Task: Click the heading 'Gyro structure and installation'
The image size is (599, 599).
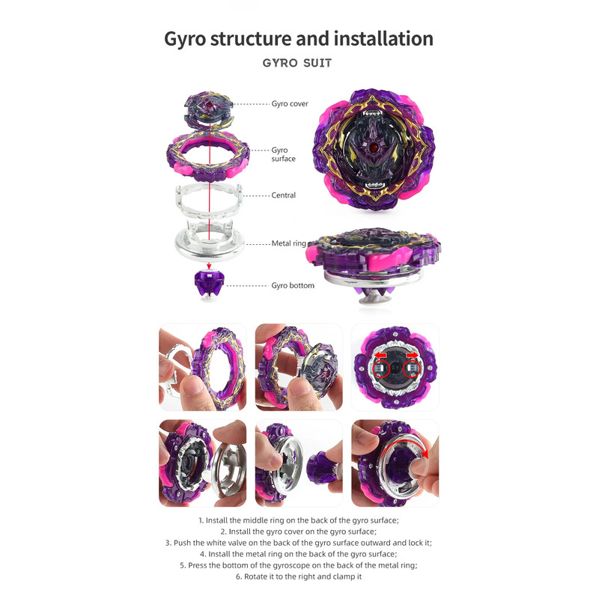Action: click(x=299, y=39)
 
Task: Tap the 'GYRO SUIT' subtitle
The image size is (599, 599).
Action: click(x=297, y=63)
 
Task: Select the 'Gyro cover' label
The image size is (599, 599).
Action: click(x=290, y=103)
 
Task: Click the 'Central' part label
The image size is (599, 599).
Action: click(x=284, y=195)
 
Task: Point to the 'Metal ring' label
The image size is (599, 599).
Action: click(x=289, y=243)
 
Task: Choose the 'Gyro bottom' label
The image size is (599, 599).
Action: click(x=293, y=285)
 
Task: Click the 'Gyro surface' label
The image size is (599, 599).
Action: click(x=284, y=154)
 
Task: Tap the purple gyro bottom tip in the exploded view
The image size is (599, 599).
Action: click(x=209, y=285)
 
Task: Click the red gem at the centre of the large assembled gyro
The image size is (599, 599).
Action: click(x=374, y=148)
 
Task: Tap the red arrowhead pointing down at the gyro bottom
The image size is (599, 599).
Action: click(x=209, y=266)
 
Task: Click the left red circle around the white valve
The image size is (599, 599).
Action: click(x=380, y=369)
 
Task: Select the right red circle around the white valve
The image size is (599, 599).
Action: click(x=411, y=369)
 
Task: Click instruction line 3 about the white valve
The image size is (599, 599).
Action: click(x=299, y=543)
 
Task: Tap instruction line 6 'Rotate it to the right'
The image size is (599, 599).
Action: click(x=299, y=577)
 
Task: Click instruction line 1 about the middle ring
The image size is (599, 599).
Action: click(x=299, y=520)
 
